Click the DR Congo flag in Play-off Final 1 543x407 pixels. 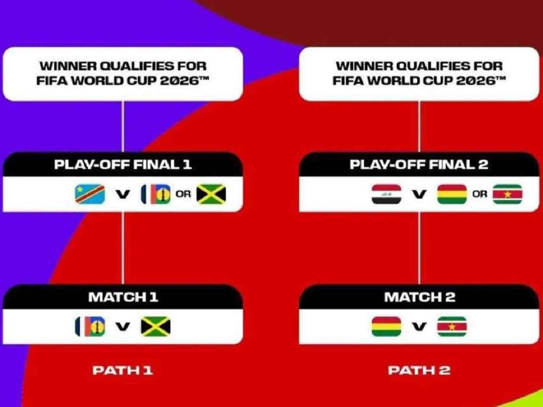(x=90, y=194)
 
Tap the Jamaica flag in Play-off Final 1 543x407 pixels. (x=211, y=194)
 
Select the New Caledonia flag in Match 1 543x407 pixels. (x=90, y=327)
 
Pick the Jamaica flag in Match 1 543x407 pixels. (x=156, y=327)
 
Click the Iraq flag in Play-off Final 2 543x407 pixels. (x=386, y=194)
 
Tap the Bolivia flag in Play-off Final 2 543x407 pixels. (x=452, y=194)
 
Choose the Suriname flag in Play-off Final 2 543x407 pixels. (x=507, y=194)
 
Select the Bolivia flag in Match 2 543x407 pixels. (x=386, y=327)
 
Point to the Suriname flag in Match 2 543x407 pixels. (x=452, y=327)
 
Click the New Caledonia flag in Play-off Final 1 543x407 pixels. (x=156, y=194)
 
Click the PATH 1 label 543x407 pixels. (x=123, y=370)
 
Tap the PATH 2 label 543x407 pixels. (x=419, y=370)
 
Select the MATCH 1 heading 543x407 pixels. (x=123, y=297)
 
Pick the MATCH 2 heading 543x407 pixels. (x=419, y=297)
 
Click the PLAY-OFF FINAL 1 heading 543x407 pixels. (x=123, y=165)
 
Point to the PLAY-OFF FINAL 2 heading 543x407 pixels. (x=419, y=165)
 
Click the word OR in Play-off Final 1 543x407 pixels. (x=183, y=194)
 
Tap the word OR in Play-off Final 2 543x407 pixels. (x=480, y=194)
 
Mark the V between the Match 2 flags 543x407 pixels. (x=419, y=327)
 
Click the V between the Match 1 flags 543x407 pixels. (x=123, y=327)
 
